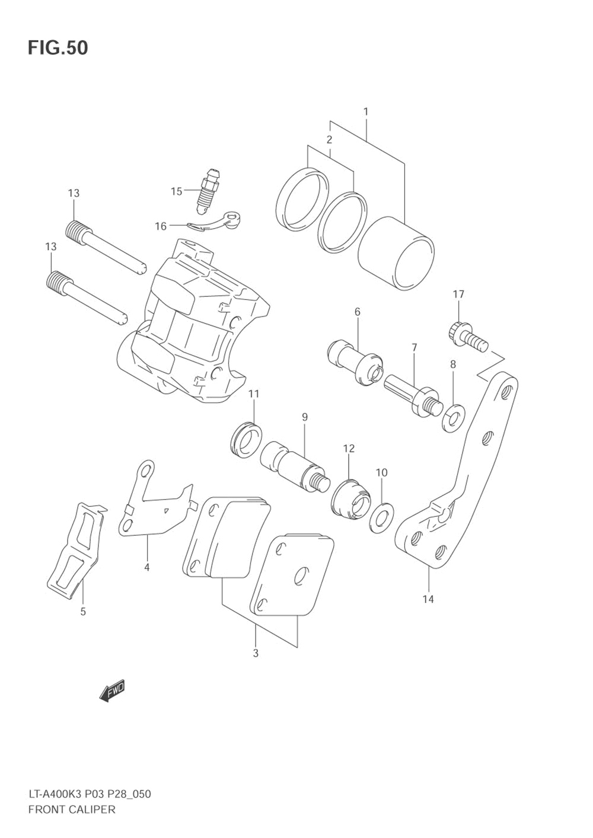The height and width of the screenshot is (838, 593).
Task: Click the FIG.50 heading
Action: click(x=58, y=47)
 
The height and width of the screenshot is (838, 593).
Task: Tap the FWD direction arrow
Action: click(x=112, y=690)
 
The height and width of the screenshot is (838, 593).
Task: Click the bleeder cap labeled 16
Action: click(x=216, y=222)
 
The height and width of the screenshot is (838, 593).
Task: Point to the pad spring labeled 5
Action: click(x=76, y=548)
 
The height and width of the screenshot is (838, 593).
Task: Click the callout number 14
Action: click(x=428, y=599)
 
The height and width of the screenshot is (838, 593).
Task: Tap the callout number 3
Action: click(x=256, y=654)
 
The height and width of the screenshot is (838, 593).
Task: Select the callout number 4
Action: click(x=146, y=567)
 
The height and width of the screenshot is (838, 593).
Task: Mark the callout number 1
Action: click(x=366, y=111)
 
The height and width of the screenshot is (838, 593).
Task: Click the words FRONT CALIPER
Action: click(x=72, y=809)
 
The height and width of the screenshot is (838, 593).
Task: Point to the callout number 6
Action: click(x=358, y=312)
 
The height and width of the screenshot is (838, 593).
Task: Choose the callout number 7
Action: click(x=414, y=347)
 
